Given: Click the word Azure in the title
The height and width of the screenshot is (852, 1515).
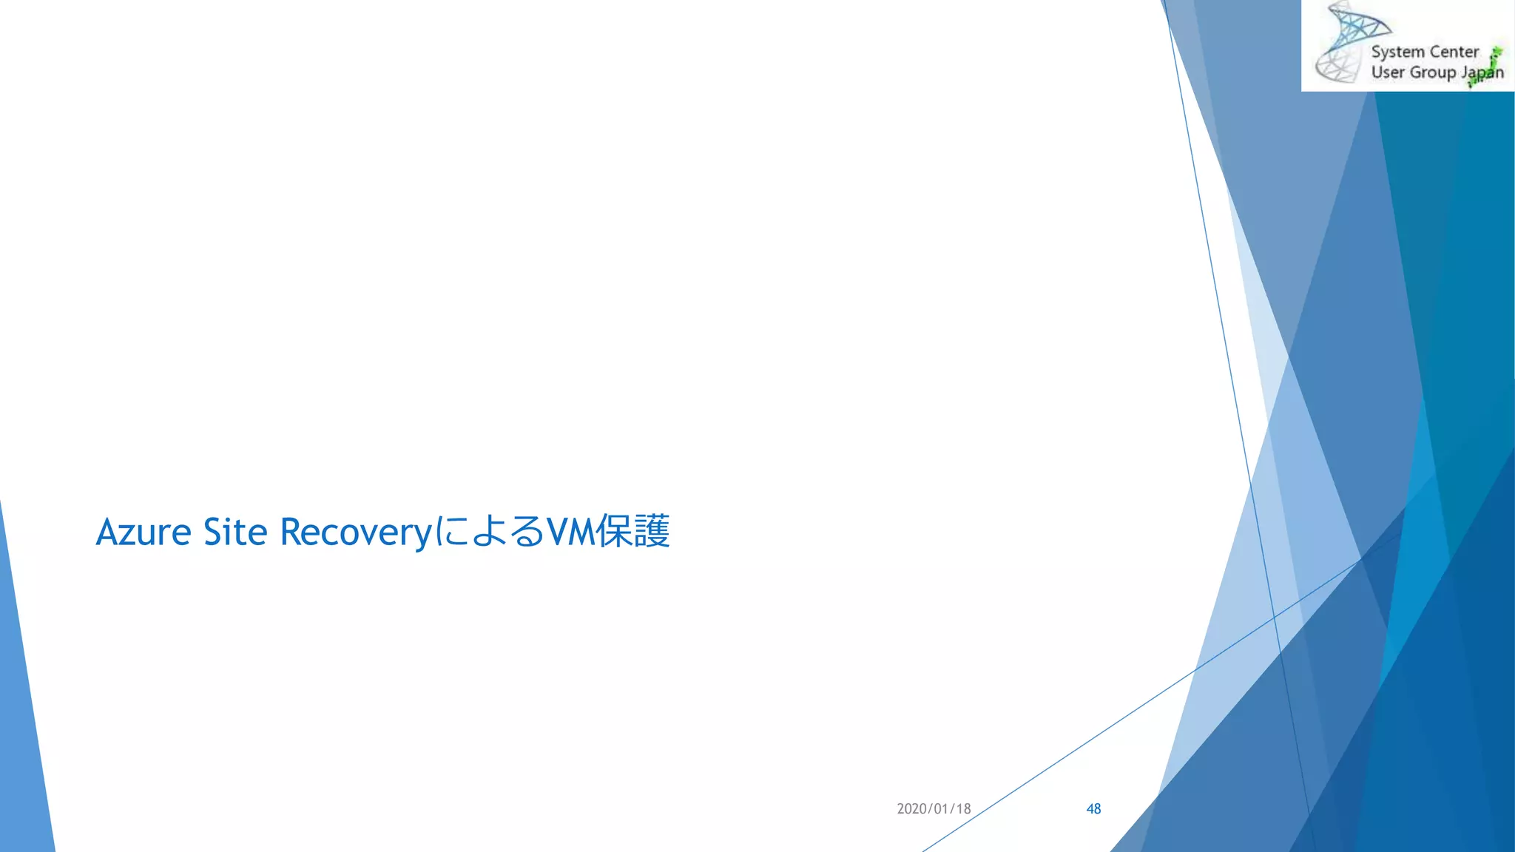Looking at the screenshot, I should point(144,532).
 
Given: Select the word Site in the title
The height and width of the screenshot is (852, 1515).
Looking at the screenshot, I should point(234,532).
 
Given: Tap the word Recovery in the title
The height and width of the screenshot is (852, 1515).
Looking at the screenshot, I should point(355,532).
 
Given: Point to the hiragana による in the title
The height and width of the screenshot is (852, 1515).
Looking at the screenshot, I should point(489,532).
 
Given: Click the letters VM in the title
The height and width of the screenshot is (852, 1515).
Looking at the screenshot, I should point(571,532).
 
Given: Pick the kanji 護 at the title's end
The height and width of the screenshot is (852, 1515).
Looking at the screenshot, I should point(652,532).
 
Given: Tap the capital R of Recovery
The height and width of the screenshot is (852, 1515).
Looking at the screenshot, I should point(291,532).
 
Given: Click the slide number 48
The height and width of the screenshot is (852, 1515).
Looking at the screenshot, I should point(1093,809).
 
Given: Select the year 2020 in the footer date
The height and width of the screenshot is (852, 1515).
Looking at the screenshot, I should point(912,809).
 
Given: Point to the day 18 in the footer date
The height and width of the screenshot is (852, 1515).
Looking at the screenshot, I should point(963,809).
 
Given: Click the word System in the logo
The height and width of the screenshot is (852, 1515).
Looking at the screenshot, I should point(1397,53).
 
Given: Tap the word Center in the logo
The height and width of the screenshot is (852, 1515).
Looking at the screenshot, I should point(1454,52).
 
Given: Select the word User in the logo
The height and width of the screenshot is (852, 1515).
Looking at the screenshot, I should point(1388,72).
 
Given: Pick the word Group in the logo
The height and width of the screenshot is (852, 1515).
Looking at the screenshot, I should point(1433,73).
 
